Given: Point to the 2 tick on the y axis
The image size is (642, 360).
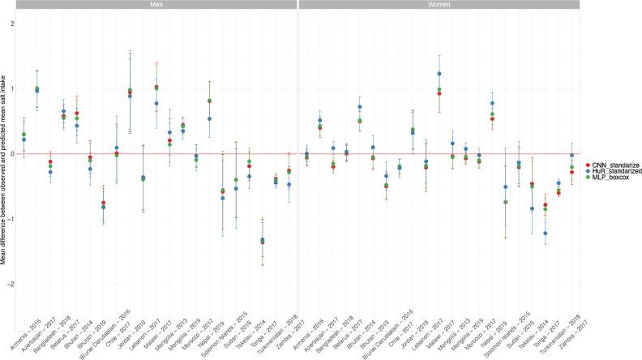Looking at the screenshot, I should pyautogui.click(x=11, y=23).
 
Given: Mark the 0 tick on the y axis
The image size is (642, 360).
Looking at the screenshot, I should pyautogui.click(x=11, y=154).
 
